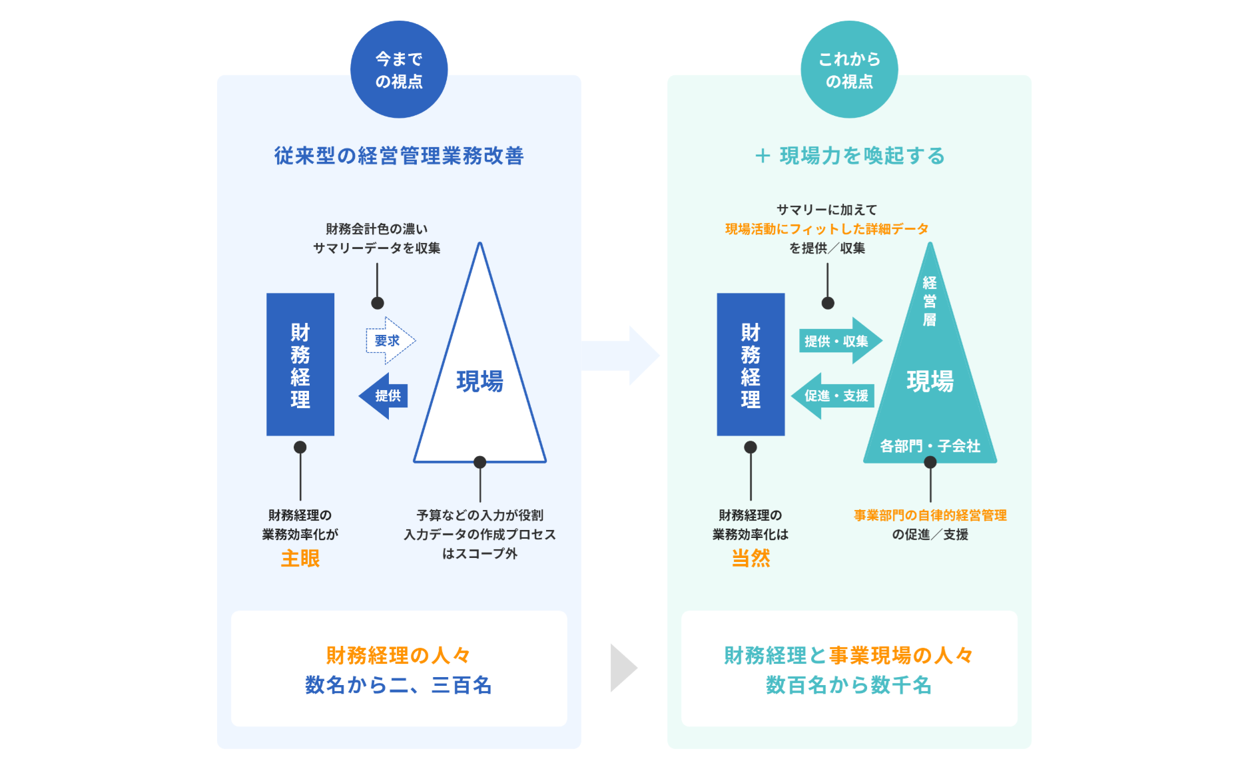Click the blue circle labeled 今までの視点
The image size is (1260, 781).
click(399, 70)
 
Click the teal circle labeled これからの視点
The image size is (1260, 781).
click(849, 70)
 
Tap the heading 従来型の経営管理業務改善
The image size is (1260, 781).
click(399, 156)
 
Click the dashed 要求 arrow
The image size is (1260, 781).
click(390, 341)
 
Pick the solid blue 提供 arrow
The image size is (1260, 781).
click(384, 396)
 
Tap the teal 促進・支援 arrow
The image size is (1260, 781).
click(833, 396)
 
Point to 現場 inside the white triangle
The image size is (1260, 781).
click(479, 382)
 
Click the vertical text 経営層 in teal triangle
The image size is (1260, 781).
click(930, 302)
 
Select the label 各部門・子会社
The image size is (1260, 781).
click(930, 446)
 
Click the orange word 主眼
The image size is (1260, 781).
click(300, 559)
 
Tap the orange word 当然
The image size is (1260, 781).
click(751, 559)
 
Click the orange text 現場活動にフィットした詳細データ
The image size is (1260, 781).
click(826, 229)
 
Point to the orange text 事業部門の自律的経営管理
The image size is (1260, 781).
click(930, 515)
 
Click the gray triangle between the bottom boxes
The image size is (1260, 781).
click(623, 668)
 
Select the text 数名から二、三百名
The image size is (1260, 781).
click(398, 685)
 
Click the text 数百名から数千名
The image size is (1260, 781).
click(848, 685)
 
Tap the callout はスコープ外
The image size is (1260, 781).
click(479, 554)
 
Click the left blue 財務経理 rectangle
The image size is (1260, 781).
click(300, 365)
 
